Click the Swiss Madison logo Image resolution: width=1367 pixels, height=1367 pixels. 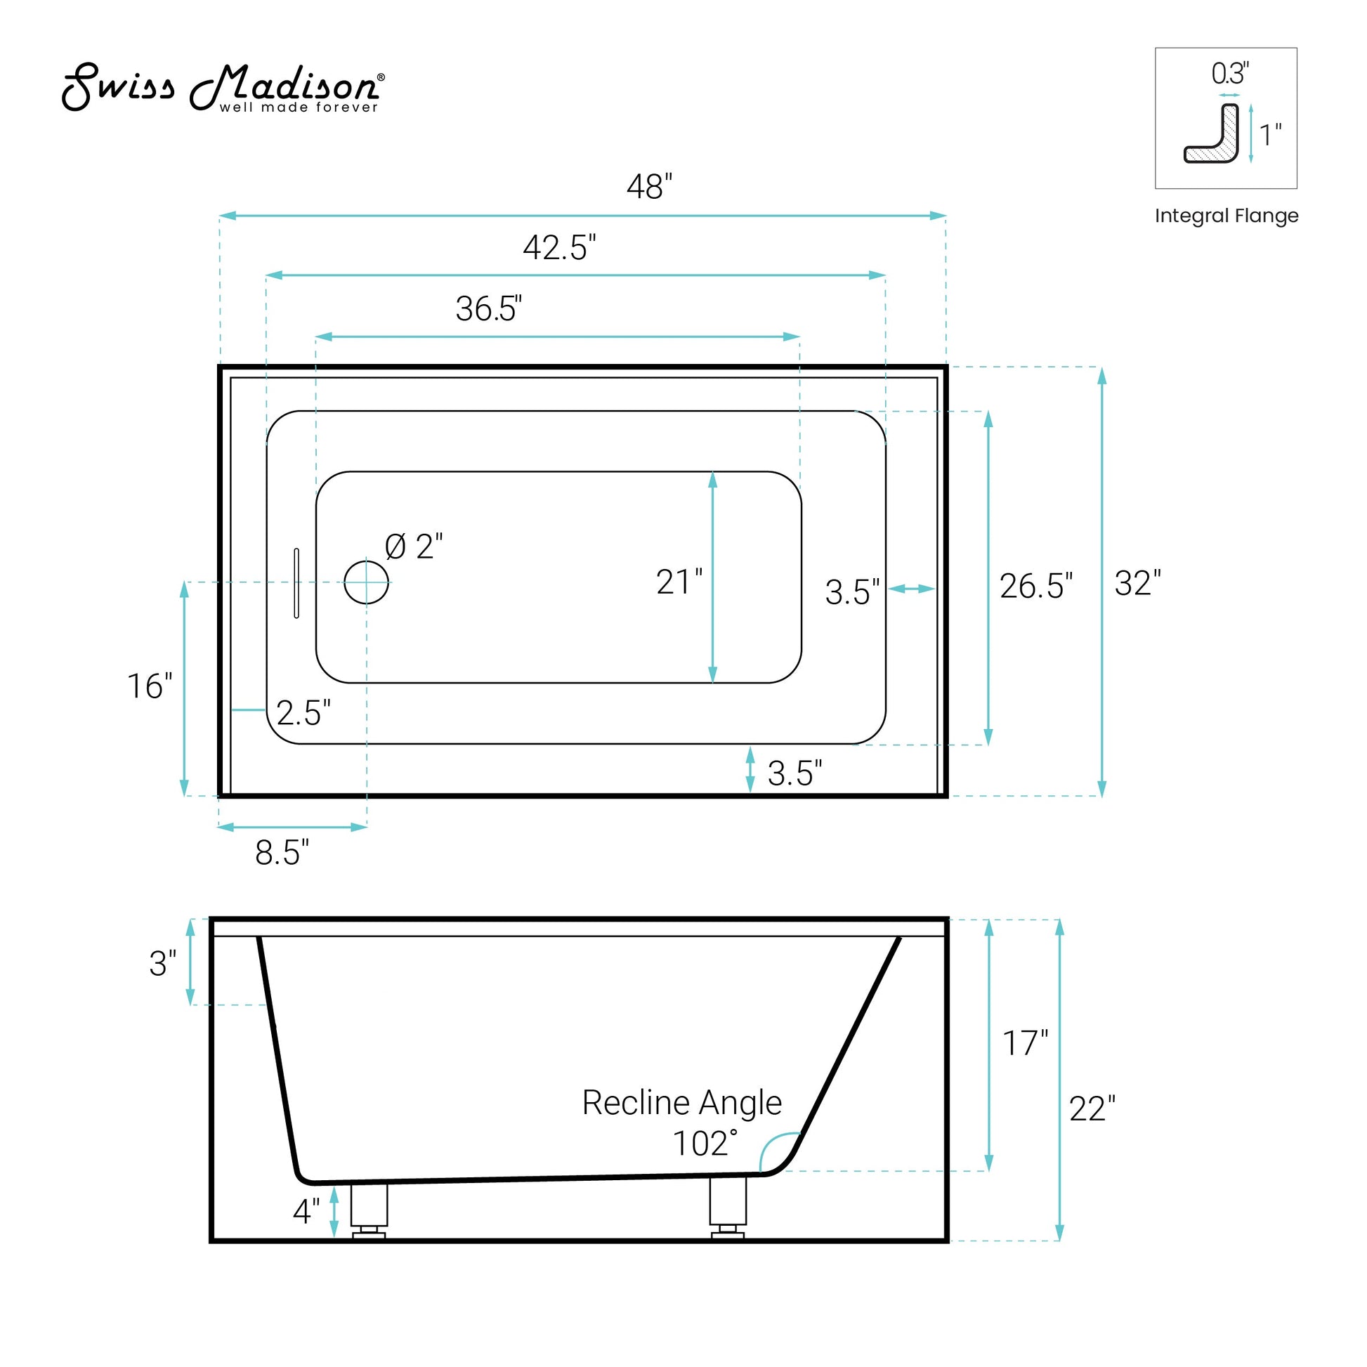(223, 88)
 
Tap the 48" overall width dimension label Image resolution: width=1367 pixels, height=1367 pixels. (649, 187)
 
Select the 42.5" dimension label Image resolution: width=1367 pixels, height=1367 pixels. (559, 248)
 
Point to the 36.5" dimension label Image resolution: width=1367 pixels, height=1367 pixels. (489, 308)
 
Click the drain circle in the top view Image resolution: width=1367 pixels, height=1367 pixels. (367, 582)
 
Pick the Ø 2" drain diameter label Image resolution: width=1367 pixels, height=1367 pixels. (414, 547)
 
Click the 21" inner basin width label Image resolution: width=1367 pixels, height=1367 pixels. (679, 582)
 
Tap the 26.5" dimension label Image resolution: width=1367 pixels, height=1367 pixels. (1036, 586)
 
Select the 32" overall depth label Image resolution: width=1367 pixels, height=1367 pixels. (1138, 583)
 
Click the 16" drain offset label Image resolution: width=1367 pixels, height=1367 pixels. (150, 686)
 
